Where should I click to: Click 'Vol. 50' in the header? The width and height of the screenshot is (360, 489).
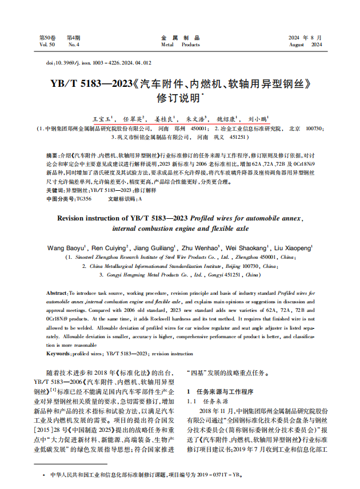(x=47, y=44)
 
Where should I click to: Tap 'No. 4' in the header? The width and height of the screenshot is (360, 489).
(x=74, y=44)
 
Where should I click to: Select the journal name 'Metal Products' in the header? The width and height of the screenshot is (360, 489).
(x=180, y=44)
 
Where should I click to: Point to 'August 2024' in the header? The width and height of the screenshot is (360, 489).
(x=306, y=44)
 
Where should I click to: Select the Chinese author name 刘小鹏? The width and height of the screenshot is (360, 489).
(x=257, y=120)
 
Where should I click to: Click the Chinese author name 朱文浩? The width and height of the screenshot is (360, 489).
(x=196, y=120)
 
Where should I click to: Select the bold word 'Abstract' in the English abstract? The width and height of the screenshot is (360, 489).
(x=57, y=292)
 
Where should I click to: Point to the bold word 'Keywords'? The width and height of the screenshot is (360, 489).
(x=59, y=354)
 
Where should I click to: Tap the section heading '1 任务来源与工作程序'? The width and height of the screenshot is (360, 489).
(x=220, y=392)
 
